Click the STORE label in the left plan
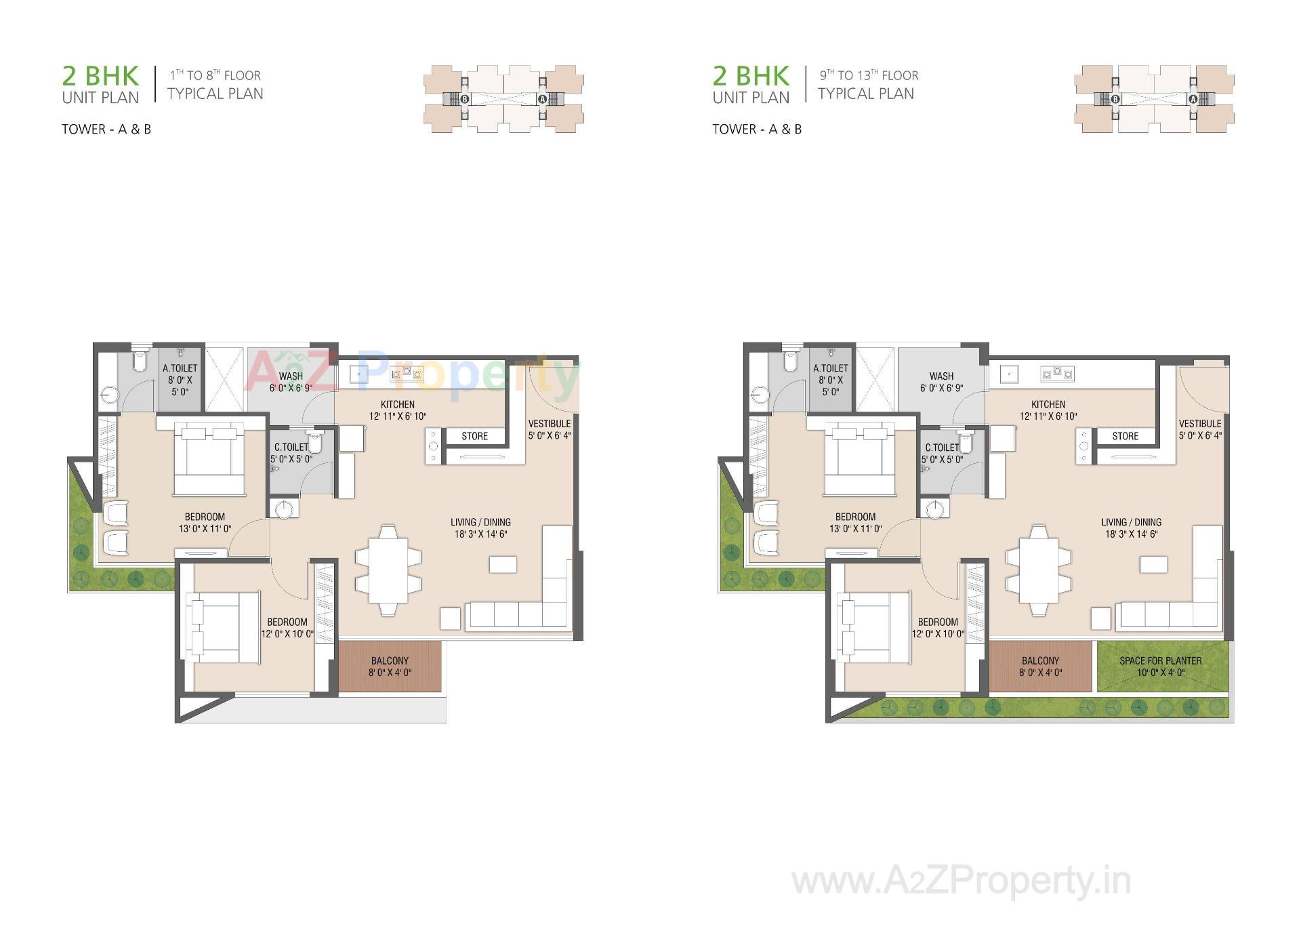pyautogui.click(x=474, y=436)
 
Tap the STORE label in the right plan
pyautogui.click(x=1125, y=436)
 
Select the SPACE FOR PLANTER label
pyautogui.click(x=1160, y=660)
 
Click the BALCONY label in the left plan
pyautogui.click(x=390, y=660)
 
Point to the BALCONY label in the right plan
pyautogui.click(x=1040, y=660)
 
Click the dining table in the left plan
pyautogui.click(x=388, y=570)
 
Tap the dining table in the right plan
pyautogui.click(x=1039, y=570)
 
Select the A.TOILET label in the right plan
pyautogui.click(x=831, y=368)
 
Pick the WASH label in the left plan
pyautogui.click(x=291, y=376)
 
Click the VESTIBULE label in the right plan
pyautogui.click(x=1200, y=424)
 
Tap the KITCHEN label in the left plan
pyautogui.click(x=398, y=404)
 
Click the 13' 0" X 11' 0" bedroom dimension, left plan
pyautogui.click(x=205, y=529)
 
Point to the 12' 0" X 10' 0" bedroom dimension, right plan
pyautogui.click(x=938, y=634)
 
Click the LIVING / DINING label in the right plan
pyautogui.click(x=1131, y=522)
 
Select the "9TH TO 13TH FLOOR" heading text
pyautogui.click(x=869, y=75)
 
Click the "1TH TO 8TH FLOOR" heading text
pyautogui.click(x=215, y=75)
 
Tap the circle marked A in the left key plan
pyautogui.click(x=542, y=99)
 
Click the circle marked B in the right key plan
pyautogui.click(x=1115, y=99)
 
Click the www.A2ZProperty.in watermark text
pyautogui.click(x=961, y=881)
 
